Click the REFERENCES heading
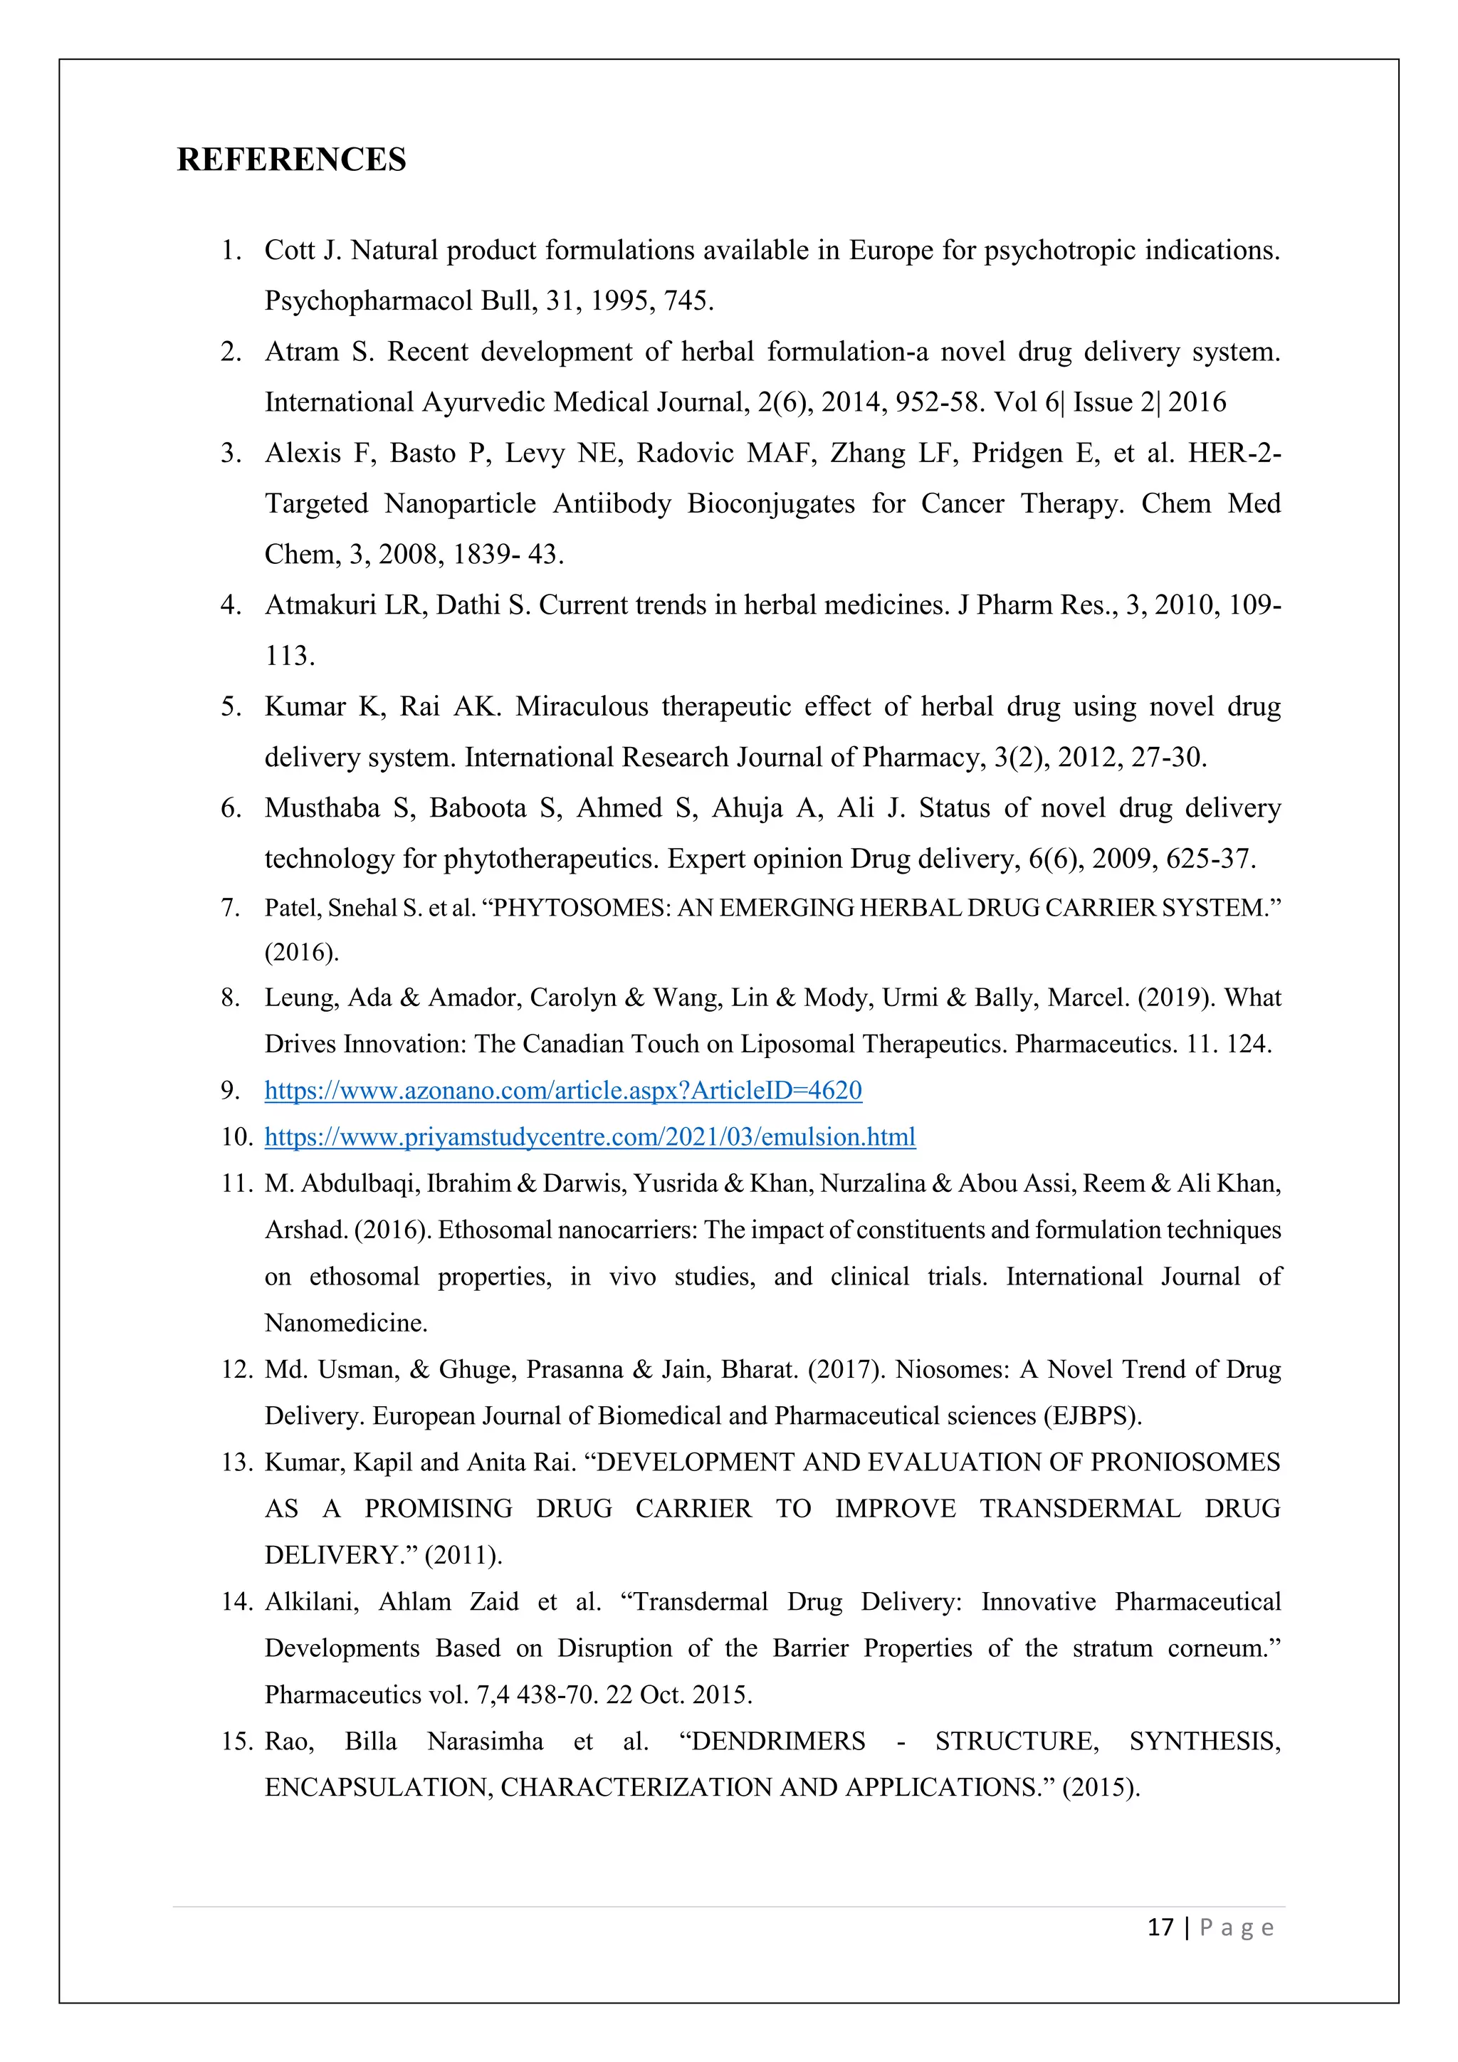coord(291,160)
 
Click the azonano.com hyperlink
coord(563,1090)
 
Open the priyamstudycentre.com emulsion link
coord(590,1137)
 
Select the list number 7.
coord(231,908)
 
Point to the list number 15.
coord(237,1742)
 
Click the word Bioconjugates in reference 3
coord(770,504)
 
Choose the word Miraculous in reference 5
coord(581,707)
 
